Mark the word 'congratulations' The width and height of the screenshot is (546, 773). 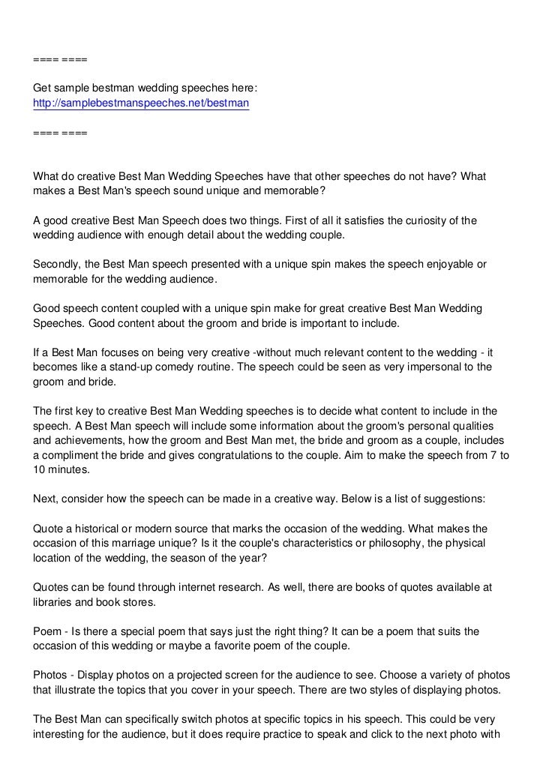click(253, 456)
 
